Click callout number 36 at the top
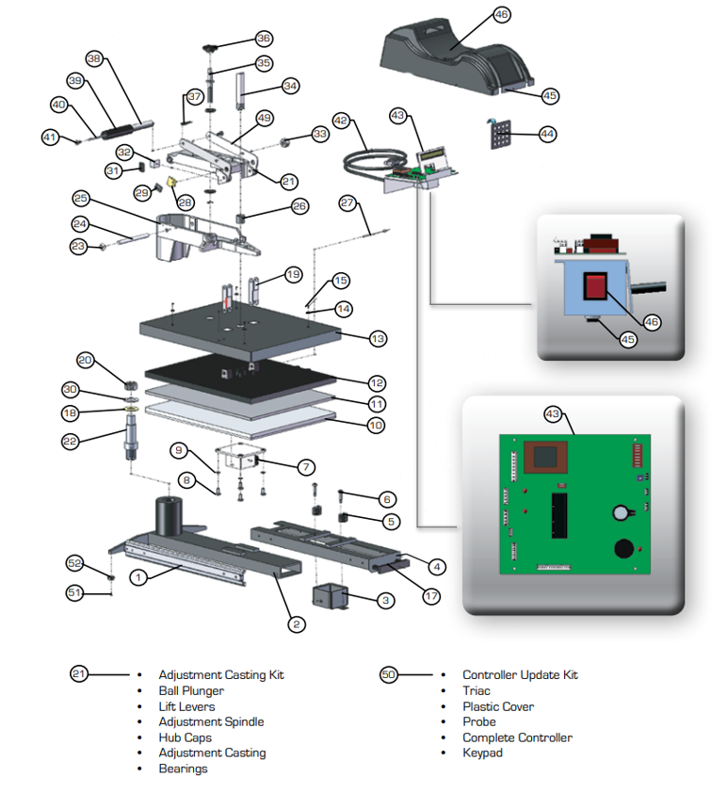[x=264, y=39]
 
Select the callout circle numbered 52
[x=75, y=563]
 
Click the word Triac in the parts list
[x=476, y=690]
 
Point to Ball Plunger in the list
[x=191, y=690]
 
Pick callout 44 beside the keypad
[x=547, y=134]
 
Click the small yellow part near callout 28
[x=173, y=182]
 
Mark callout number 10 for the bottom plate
[x=376, y=426]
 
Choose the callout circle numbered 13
[x=378, y=338]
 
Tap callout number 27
[x=347, y=203]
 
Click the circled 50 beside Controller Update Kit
[x=389, y=674]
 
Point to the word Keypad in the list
[x=482, y=753]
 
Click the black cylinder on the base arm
[x=169, y=515]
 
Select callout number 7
[x=306, y=467]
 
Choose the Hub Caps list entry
[x=185, y=737]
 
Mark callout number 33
[x=320, y=135]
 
